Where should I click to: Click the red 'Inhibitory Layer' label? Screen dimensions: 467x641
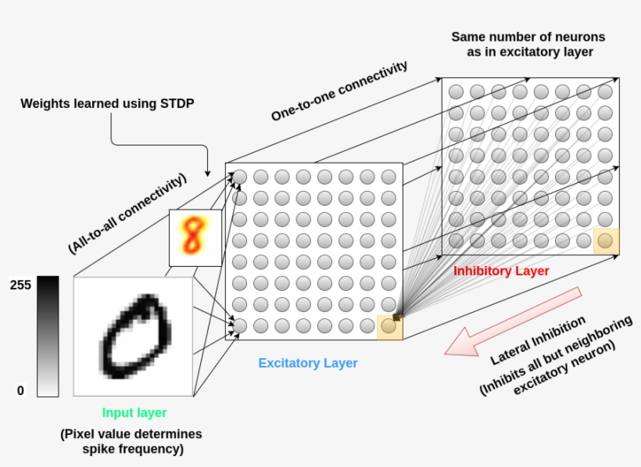(x=501, y=271)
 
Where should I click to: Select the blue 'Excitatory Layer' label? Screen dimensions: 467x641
(x=308, y=363)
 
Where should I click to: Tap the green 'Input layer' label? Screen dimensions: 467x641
(x=134, y=412)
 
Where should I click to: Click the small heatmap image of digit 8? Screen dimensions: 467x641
(x=191, y=238)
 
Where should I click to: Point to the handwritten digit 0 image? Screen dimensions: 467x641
(x=134, y=336)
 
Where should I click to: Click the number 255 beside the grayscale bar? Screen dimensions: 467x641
(x=21, y=285)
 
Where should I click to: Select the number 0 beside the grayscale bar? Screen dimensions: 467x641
(x=21, y=390)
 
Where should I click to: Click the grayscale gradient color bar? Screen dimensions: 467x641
(x=47, y=336)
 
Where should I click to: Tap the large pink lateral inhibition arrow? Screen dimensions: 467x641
(x=516, y=321)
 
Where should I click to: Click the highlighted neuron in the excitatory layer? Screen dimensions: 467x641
(x=389, y=325)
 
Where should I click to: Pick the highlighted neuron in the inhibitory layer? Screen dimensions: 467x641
(x=605, y=240)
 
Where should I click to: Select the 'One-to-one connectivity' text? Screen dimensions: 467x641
(x=339, y=92)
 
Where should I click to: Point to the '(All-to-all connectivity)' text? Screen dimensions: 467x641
(x=127, y=213)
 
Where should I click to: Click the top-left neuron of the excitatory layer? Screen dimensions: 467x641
(x=240, y=177)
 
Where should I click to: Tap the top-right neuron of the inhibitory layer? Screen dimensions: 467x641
(x=605, y=92)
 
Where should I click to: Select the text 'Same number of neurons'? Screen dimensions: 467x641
(x=528, y=37)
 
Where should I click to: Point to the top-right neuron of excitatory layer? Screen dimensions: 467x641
(x=389, y=177)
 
